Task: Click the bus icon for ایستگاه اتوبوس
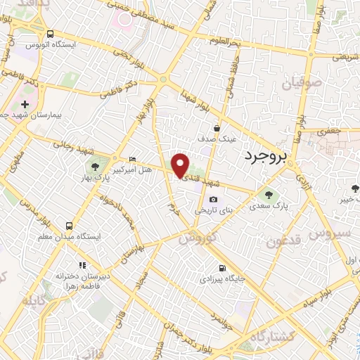50,34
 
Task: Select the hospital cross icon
25,104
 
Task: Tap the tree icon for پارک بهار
94,167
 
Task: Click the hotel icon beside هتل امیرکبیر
133,160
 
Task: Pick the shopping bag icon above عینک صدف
217,129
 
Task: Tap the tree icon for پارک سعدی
266,194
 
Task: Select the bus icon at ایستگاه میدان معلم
69,226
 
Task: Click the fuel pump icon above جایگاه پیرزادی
222,267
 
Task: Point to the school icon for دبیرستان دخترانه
82,265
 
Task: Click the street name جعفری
328,130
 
